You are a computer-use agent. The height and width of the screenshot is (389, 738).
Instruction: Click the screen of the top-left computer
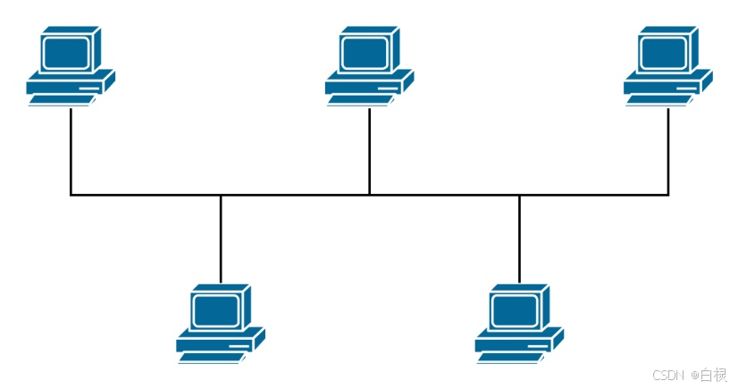[x=67, y=51]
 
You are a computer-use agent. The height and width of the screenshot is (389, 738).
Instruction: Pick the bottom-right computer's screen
[x=516, y=309]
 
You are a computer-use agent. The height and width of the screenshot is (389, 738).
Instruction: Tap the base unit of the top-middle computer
[x=367, y=85]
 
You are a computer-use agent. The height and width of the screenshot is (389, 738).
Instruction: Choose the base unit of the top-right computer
[x=666, y=85]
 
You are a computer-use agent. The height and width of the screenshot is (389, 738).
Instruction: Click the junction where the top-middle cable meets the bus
[x=370, y=194]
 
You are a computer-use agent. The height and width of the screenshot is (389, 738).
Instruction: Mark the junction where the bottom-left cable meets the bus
[x=221, y=194]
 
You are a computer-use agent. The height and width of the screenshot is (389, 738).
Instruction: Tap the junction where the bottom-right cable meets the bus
[x=519, y=194]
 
